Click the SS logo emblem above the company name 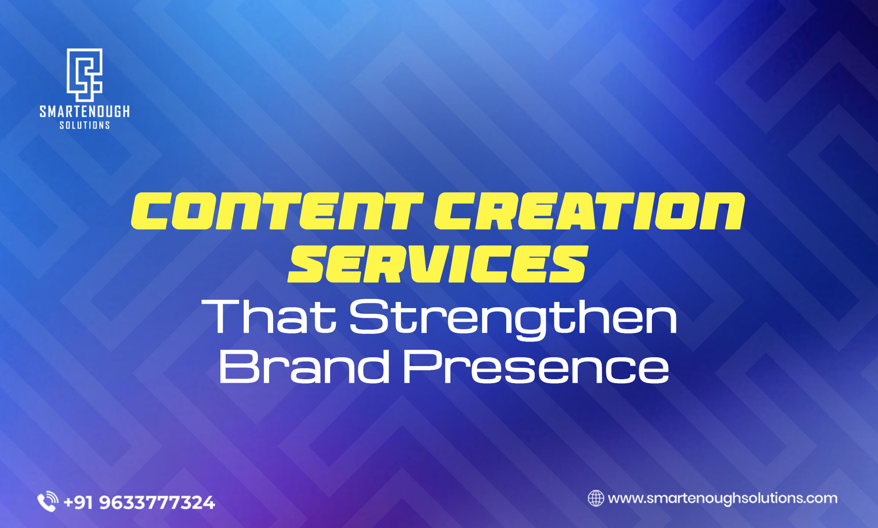pos(84,75)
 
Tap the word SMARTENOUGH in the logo pos(85,111)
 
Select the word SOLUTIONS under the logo pos(85,126)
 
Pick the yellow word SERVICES pos(438,264)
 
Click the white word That pos(269,316)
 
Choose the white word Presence pos(536,366)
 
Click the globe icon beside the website pos(596,498)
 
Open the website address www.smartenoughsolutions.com pos(722,499)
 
